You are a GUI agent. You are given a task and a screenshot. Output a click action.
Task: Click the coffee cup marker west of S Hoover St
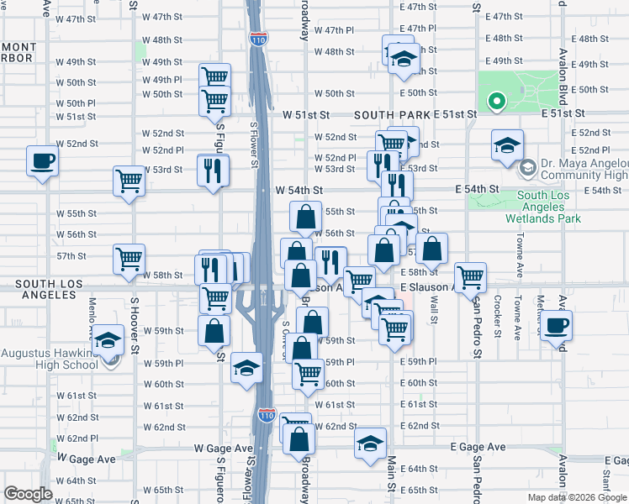42,160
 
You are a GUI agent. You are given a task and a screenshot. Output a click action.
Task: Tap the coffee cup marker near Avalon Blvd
556,324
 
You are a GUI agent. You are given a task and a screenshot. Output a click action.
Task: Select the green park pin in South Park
497,103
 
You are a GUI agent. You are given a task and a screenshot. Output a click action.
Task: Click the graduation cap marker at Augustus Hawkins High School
107,341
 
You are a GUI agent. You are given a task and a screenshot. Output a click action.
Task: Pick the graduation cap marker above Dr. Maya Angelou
507,144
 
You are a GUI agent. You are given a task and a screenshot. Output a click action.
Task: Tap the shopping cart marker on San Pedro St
470,276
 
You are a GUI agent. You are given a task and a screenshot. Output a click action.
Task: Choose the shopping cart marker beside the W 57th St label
129,259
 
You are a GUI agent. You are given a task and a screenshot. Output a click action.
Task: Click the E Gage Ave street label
478,447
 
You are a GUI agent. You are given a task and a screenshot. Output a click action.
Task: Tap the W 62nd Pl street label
77,438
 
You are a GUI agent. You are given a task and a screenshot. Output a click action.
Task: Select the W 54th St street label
299,191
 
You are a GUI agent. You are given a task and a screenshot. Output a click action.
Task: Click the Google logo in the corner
28,494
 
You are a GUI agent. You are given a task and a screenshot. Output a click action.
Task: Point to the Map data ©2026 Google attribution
576,497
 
